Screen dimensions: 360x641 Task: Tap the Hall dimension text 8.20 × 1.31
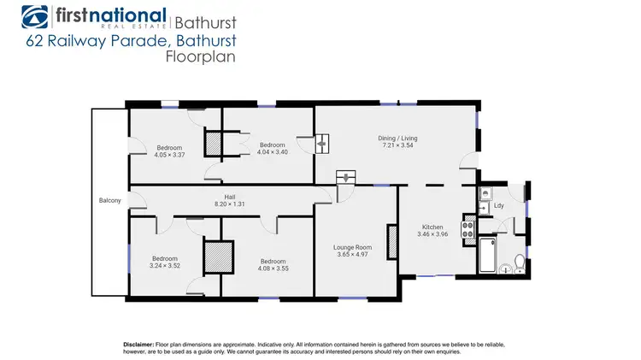pyautogui.click(x=224, y=204)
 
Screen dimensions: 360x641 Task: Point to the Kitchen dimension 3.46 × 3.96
pyautogui.click(x=433, y=233)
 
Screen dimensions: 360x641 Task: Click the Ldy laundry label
pyautogui.click(x=498, y=206)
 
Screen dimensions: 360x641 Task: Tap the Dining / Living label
pyautogui.click(x=397, y=138)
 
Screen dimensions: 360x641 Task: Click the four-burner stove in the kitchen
pyautogui.click(x=468, y=229)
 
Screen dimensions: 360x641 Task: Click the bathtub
pyautogui.click(x=487, y=254)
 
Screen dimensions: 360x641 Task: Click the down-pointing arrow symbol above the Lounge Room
pyautogui.click(x=346, y=178)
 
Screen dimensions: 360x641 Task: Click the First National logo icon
pyautogui.click(x=36, y=16)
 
